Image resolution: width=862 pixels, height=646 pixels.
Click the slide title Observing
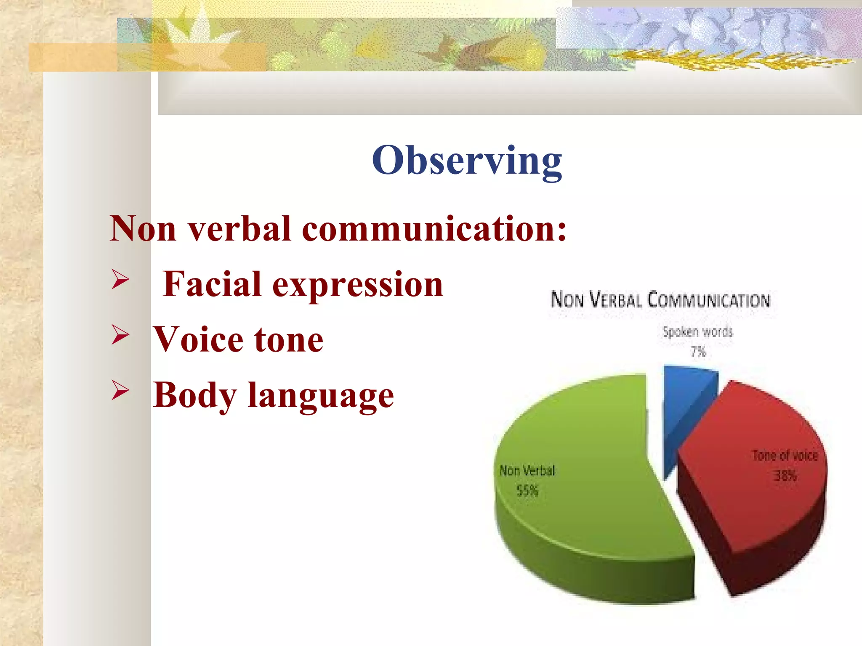click(x=467, y=161)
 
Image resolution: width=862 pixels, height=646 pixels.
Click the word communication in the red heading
click(x=434, y=229)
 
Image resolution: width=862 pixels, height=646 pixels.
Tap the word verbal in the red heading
click(x=239, y=229)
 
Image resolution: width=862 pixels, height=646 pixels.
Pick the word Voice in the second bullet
click(x=198, y=340)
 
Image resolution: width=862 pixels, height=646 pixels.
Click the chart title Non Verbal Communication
click(x=660, y=300)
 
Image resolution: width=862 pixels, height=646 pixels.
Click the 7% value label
click(x=698, y=352)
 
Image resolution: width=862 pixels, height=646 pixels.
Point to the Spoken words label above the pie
click(x=697, y=332)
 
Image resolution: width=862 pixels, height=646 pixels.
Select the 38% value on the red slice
click(x=785, y=476)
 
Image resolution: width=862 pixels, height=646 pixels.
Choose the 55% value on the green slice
click(x=527, y=490)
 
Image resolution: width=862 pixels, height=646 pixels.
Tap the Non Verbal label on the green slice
click(x=527, y=471)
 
